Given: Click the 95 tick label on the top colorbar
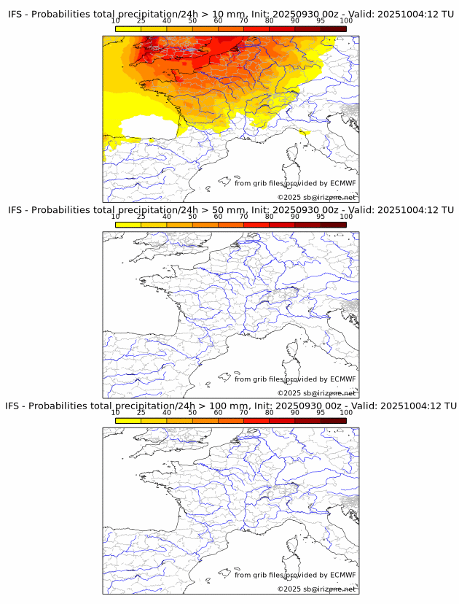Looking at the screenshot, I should (x=321, y=20).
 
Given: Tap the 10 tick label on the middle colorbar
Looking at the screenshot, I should (x=116, y=216).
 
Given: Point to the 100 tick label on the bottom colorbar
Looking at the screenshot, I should (x=346, y=412).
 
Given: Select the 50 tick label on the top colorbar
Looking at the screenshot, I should (x=192, y=20).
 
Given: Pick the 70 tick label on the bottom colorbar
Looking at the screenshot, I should (x=243, y=412).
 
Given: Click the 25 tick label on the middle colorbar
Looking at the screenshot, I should (x=141, y=216).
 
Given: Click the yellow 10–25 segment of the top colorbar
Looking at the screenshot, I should (x=128, y=28).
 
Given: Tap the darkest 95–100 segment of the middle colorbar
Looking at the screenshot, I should (x=333, y=225).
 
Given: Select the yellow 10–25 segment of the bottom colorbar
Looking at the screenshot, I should (x=128, y=420).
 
